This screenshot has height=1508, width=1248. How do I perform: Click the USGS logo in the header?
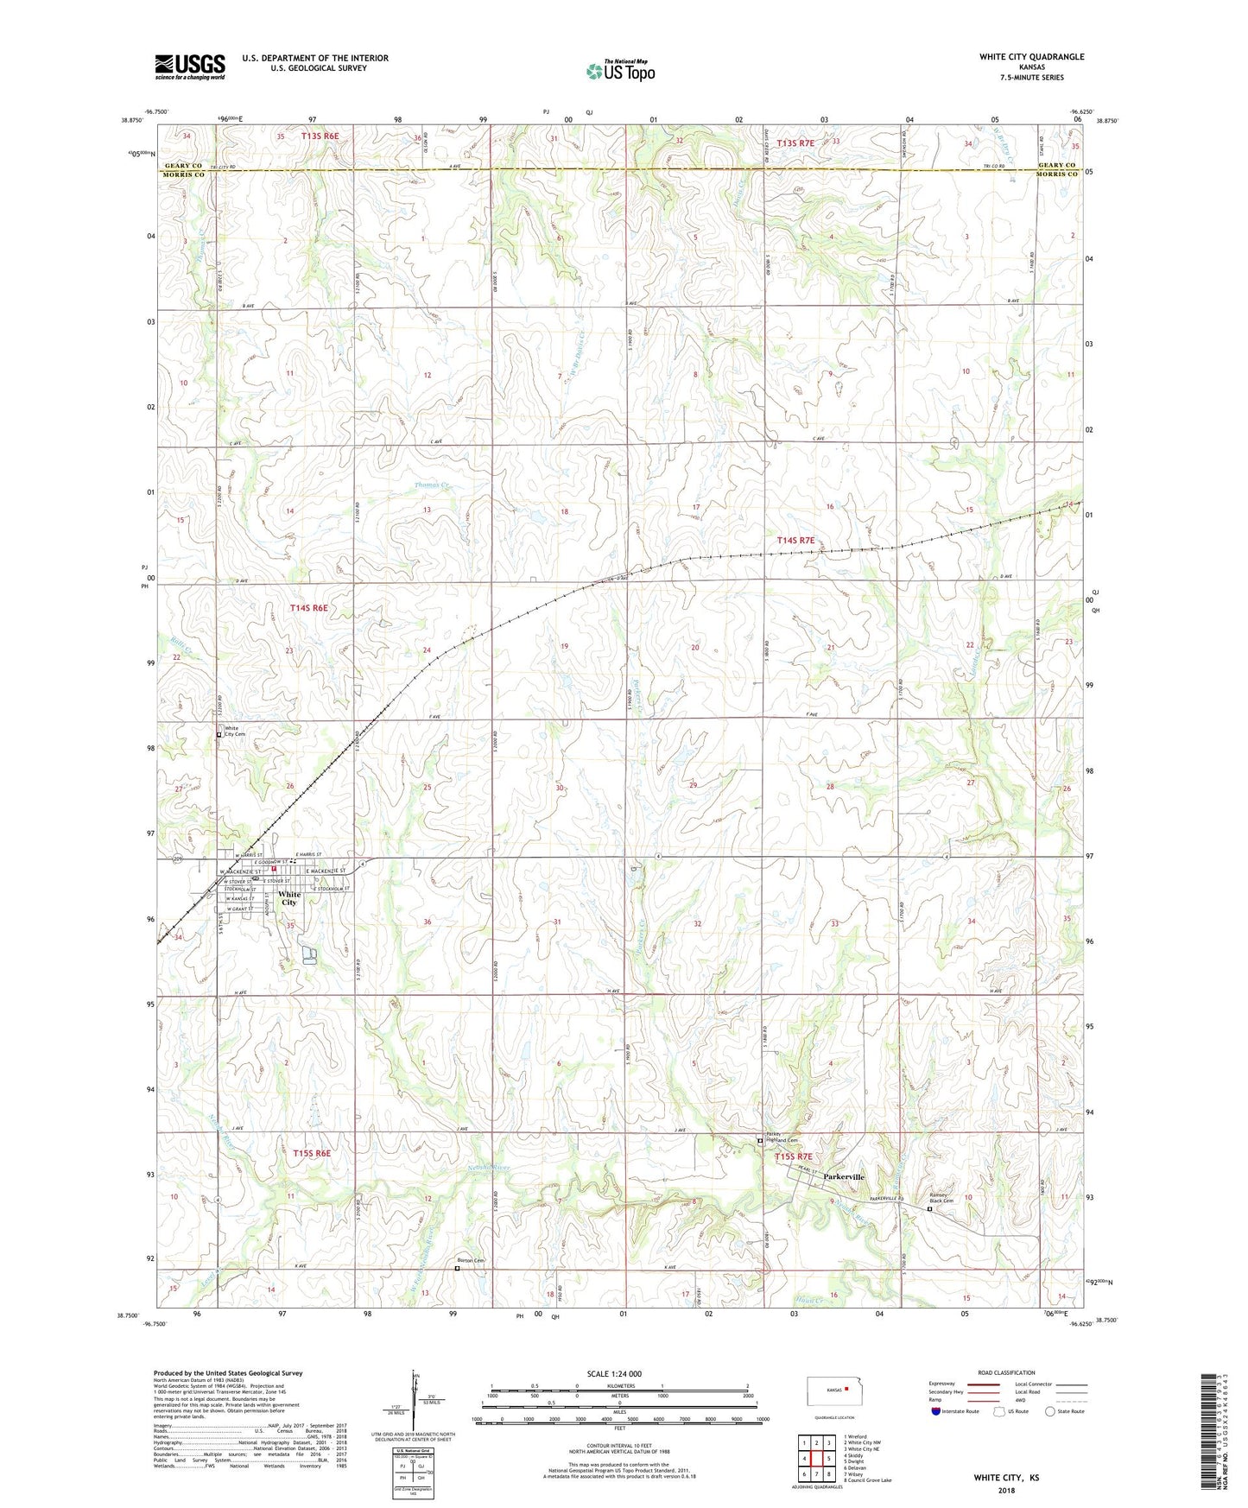click(x=190, y=67)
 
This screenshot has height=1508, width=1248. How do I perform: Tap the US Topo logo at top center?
click(x=620, y=71)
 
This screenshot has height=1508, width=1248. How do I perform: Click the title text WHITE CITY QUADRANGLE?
click(x=1031, y=57)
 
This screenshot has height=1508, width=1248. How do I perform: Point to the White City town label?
click(x=289, y=898)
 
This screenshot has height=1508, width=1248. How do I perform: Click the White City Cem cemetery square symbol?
click(x=219, y=735)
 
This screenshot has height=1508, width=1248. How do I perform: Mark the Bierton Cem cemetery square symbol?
click(x=457, y=1269)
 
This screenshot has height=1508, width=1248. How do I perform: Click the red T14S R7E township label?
click(x=795, y=540)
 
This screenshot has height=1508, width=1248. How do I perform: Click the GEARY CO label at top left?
click(x=183, y=165)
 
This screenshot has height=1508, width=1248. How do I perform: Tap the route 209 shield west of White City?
click(x=179, y=859)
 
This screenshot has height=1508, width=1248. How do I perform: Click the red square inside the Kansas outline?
click(x=847, y=1390)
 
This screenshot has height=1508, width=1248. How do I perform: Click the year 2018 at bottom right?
click(x=1006, y=1490)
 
